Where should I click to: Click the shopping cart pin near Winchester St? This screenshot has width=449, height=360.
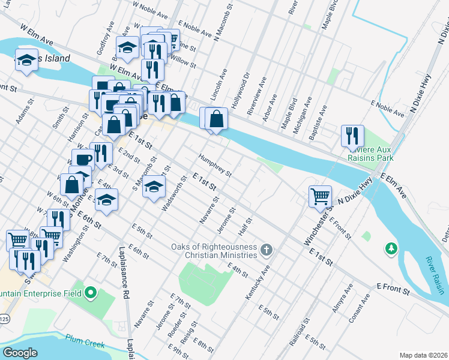click(321, 196)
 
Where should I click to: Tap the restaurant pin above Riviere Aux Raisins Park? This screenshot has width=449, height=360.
click(352, 135)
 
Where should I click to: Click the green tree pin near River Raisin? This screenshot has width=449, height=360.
click(391, 248)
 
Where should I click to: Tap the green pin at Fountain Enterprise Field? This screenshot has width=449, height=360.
click(91, 293)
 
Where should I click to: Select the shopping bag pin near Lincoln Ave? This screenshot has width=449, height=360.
click(216, 119)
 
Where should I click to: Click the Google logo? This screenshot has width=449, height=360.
click(20, 352)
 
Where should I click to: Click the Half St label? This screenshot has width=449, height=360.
click(243, 227)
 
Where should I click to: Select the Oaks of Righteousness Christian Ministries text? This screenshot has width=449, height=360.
click(214, 251)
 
